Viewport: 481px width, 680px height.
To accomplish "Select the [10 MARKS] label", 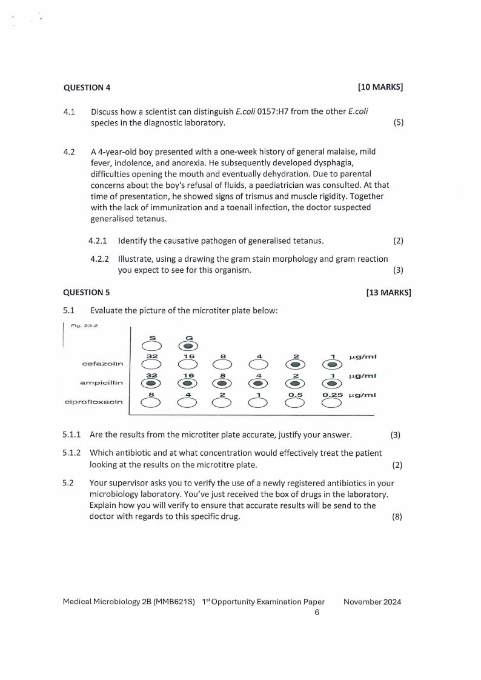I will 380,87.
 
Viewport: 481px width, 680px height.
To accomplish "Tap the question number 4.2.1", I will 99,241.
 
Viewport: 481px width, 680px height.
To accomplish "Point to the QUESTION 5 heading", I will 87,293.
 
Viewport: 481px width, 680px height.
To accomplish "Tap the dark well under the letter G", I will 188,346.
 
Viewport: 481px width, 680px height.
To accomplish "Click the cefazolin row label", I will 102,364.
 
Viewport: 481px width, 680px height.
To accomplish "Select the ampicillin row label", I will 102,383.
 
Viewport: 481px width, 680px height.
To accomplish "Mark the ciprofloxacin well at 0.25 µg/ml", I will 331,403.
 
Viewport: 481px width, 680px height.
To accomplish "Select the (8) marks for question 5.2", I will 397,516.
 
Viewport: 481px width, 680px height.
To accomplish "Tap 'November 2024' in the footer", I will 372,602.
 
